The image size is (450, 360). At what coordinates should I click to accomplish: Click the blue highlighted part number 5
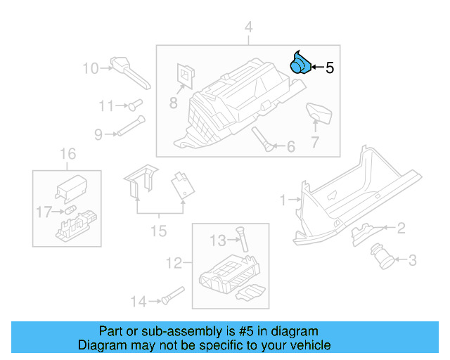click(301, 63)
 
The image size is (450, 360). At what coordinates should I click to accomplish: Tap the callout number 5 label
click(329, 68)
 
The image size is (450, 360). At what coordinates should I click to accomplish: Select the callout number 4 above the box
click(247, 27)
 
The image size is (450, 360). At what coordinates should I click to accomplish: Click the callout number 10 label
click(91, 68)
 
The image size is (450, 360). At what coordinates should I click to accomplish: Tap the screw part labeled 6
click(262, 139)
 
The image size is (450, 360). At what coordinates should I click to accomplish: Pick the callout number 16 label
click(67, 154)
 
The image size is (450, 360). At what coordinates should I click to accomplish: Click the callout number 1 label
click(283, 200)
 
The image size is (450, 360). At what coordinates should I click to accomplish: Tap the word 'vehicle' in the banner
click(309, 345)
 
